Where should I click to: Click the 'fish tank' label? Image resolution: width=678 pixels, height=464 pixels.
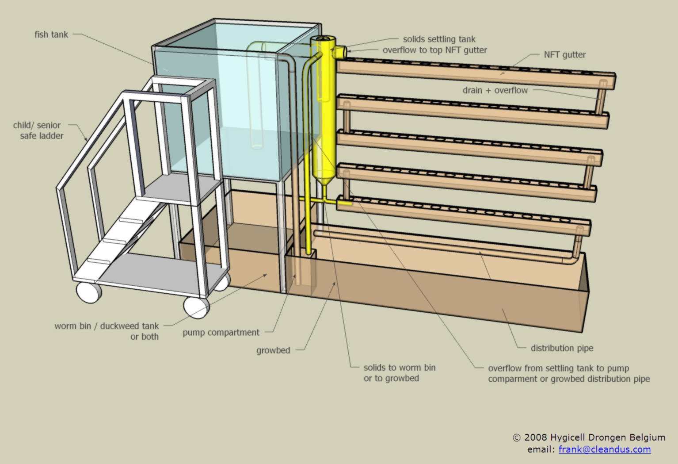pyautogui.click(x=51, y=35)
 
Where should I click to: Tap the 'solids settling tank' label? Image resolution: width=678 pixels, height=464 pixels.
pyautogui.click(x=439, y=39)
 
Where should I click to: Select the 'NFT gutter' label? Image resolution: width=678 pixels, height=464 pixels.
pyautogui.click(x=564, y=55)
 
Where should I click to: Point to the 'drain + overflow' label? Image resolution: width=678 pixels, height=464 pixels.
pyautogui.click(x=495, y=90)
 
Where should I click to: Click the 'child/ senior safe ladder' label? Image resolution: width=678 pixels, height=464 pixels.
pyautogui.click(x=38, y=130)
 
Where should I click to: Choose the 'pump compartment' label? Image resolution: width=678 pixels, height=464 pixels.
pyautogui.click(x=221, y=332)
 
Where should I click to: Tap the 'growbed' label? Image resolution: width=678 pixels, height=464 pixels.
pyautogui.click(x=273, y=350)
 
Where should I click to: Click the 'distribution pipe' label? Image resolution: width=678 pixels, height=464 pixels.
pyautogui.click(x=562, y=348)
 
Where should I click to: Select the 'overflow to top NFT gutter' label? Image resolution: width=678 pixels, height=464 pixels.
pyautogui.click(x=435, y=50)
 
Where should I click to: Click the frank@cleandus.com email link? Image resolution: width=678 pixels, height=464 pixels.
pyautogui.click(x=604, y=449)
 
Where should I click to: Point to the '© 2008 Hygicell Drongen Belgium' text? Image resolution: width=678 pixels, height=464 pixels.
pyautogui.click(x=589, y=437)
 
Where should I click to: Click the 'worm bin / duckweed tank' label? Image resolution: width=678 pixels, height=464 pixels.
pyautogui.click(x=107, y=326)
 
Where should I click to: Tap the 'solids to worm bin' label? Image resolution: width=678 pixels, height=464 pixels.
pyautogui.click(x=399, y=368)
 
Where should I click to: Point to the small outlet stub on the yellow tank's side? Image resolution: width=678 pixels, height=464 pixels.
pyautogui.click(x=341, y=51)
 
